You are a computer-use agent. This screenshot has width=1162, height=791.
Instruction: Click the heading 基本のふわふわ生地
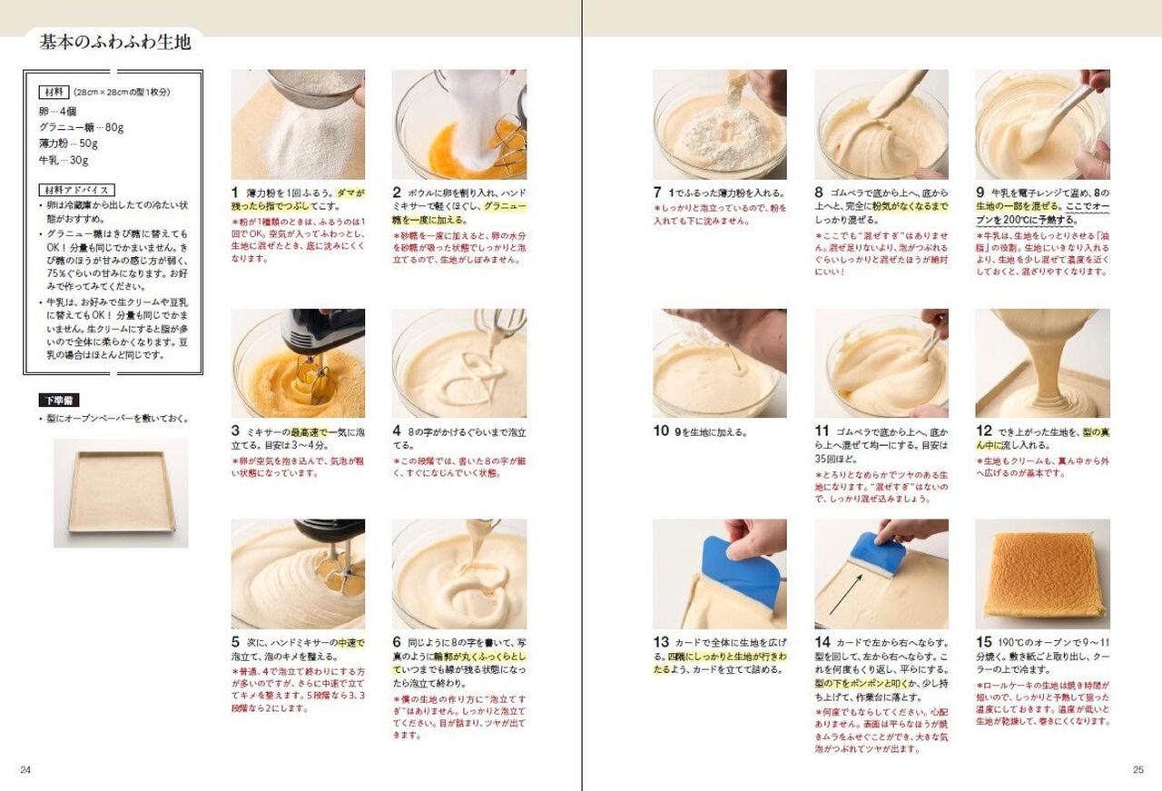(115, 42)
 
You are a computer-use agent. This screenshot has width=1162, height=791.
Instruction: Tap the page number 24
(25, 770)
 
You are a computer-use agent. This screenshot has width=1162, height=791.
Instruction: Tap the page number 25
(1137, 770)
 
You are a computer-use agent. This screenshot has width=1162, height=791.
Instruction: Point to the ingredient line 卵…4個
(58, 111)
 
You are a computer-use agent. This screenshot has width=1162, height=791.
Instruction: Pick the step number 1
(235, 193)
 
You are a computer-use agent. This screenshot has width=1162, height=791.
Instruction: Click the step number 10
(662, 431)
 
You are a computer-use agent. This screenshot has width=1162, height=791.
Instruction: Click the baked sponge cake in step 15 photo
(1043, 574)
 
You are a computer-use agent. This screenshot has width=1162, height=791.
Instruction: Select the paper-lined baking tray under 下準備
(121, 492)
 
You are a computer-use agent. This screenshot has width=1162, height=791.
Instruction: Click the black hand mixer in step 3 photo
(321, 331)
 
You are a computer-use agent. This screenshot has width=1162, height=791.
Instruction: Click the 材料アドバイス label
(77, 190)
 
